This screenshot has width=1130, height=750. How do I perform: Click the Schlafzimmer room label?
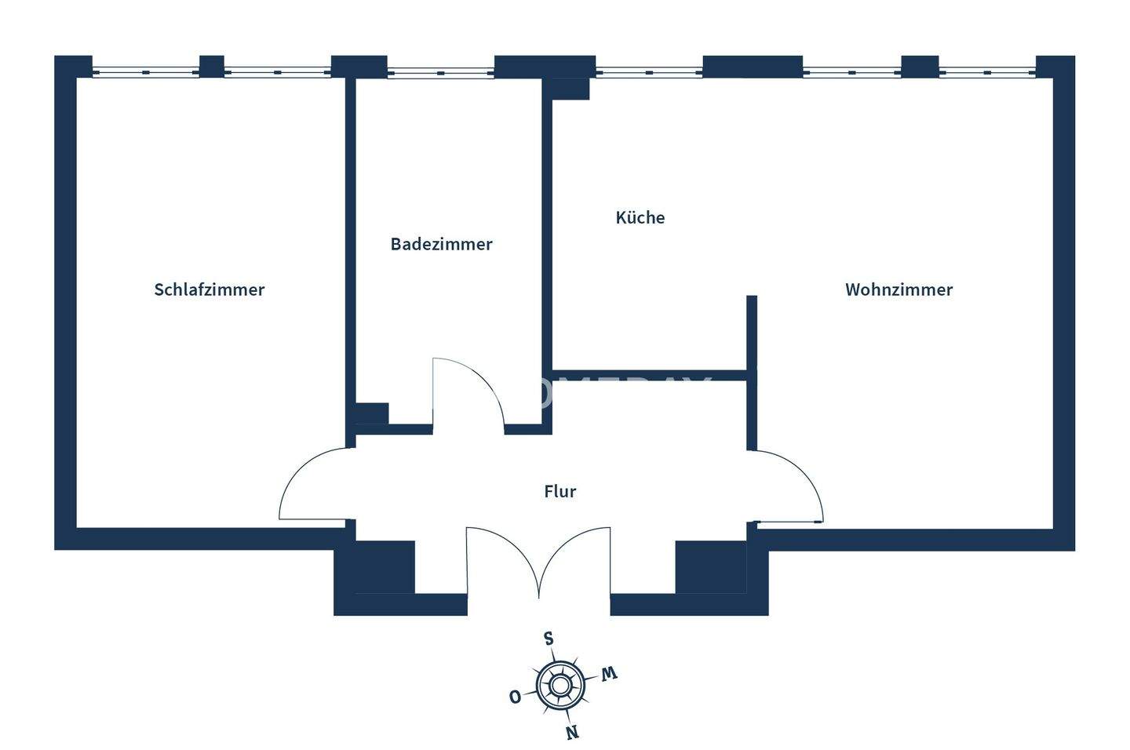(209, 289)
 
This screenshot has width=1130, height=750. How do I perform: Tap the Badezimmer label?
(441, 244)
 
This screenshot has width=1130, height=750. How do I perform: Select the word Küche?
(640, 217)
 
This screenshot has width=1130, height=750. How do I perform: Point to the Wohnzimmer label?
(899, 289)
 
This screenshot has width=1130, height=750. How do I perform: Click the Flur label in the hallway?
(560, 491)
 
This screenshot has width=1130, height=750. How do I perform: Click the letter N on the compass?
(572, 733)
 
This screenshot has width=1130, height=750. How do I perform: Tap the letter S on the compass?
(549, 638)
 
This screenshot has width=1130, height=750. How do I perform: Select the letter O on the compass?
(515, 697)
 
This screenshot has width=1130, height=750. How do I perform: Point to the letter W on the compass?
(609, 674)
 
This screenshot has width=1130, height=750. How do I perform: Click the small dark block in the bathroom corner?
(372, 413)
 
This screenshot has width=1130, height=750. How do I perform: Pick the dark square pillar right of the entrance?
(710, 566)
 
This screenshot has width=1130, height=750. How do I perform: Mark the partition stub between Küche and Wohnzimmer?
(752, 333)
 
